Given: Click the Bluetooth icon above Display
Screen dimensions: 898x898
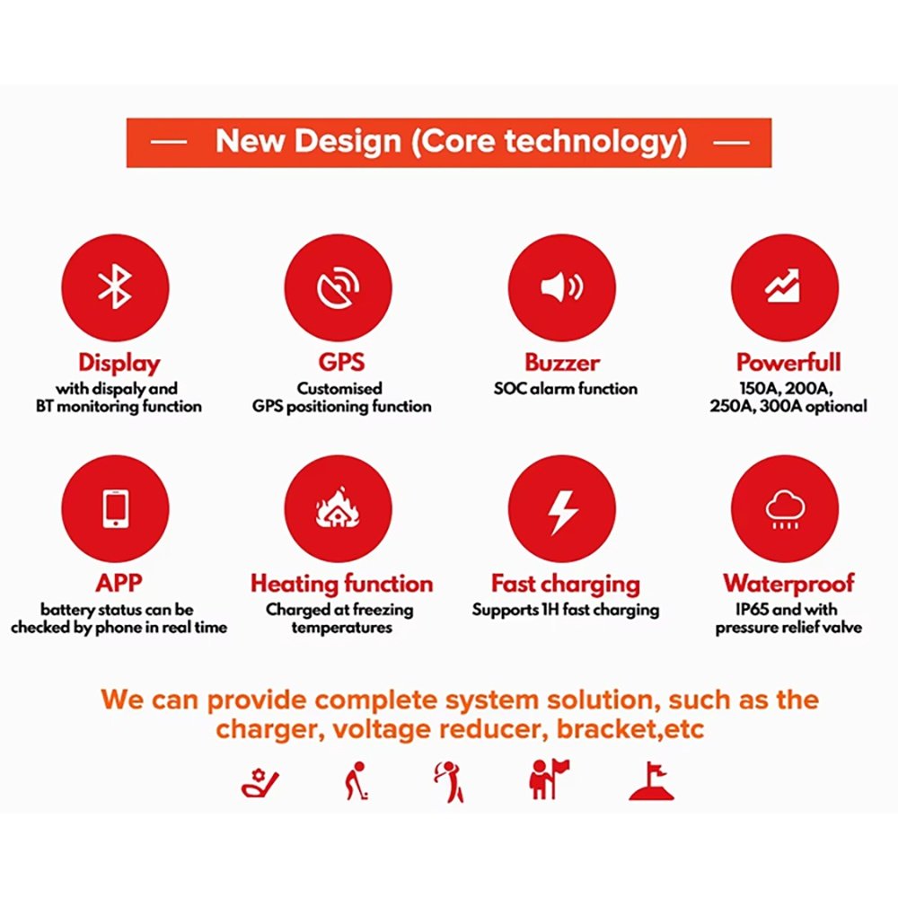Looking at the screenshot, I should [115, 286].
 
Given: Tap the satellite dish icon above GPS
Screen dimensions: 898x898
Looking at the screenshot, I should [339, 286].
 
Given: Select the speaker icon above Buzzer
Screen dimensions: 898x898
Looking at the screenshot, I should [562, 286].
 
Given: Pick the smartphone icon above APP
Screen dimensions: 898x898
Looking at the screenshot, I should [115, 508].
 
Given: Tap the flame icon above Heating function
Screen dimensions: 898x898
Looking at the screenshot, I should [339, 509].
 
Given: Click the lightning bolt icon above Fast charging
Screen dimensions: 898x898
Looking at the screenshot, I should [562, 509].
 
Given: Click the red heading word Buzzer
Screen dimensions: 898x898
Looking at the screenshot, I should [562, 363].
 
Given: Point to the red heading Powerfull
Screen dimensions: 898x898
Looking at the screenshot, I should [788, 363].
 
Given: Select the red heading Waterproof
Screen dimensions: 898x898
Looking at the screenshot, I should [788, 584].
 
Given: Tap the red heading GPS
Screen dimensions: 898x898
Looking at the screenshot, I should [341, 363].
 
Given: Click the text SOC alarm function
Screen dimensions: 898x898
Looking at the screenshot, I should [566, 389].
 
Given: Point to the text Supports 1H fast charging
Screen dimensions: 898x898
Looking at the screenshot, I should [566, 611].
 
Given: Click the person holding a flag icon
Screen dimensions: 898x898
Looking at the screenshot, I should [548, 779].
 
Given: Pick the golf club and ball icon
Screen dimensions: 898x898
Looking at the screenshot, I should [260, 783].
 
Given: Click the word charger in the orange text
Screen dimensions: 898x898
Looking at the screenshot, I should [265, 729].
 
